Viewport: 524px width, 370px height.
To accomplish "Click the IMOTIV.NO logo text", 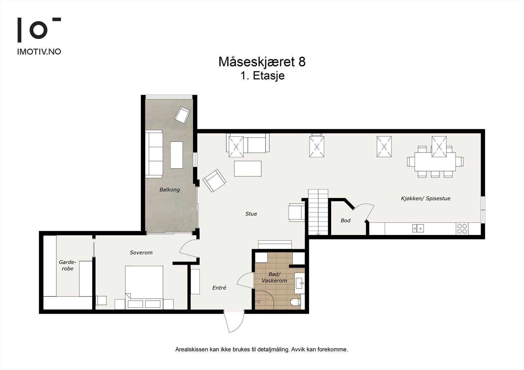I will pyautogui.click(x=39, y=51).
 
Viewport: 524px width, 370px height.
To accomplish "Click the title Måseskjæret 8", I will pyautogui.click(x=262, y=62).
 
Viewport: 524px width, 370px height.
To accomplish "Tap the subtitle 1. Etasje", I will pyautogui.click(x=262, y=76).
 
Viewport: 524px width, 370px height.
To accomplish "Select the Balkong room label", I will pyautogui.click(x=169, y=190).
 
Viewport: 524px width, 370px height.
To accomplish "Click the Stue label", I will pyautogui.click(x=251, y=214).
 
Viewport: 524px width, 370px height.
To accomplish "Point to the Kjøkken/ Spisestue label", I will pyautogui.click(x=425, y=199).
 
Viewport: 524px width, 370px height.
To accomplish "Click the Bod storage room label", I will pyautogui.click(x=346, y=220).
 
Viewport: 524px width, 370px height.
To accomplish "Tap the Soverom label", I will pyautogui.click(x=141, y=253).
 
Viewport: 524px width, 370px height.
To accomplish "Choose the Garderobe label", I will pyautogui.click(x=67, y=265).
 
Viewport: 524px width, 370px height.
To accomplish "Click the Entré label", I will pyautogui.click(x=219, y=288).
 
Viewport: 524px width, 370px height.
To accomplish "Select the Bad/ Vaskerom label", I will pyautogui.click(x=274, y=277).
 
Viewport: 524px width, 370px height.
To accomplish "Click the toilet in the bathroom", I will pyautogui.click(x=296, y=303).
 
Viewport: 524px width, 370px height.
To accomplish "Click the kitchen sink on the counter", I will pyautogui.click(x=418, y=228).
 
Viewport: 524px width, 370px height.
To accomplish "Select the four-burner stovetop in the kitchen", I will pyautogui.click(x=462, y=228).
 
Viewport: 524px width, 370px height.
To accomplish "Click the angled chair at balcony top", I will pyautogui.click(x=182, y=115).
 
